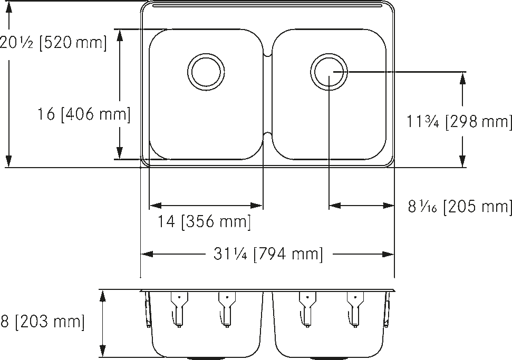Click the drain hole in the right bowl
(329, 71)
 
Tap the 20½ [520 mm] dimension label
(53, 43)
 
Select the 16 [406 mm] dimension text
(84, 114)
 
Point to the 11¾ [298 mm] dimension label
(458, 122)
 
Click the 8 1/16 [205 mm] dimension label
(459, 206)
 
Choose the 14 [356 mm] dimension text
(205, 222)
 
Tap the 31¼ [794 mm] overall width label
(268, 255)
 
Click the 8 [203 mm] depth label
(42, 321)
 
